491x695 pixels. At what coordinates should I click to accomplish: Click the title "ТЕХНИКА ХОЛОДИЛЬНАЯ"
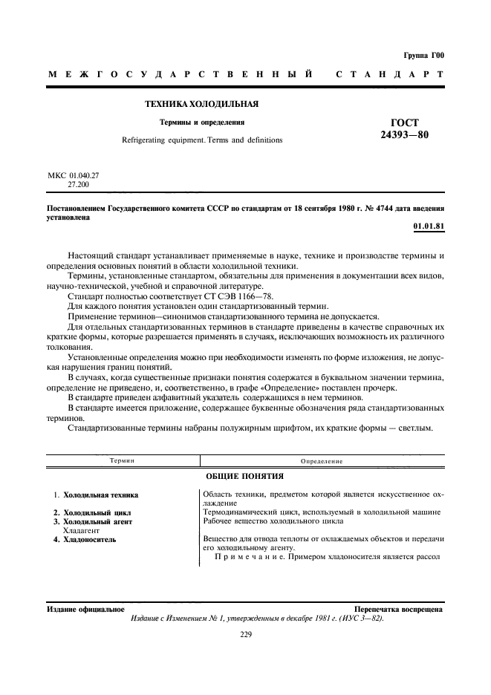(201, 104)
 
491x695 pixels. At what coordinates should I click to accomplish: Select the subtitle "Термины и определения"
(202, 122)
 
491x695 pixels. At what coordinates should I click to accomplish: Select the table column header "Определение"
(322, 461)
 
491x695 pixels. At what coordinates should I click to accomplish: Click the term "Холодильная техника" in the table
(101, 495)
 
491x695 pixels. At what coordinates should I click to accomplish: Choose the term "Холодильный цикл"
(97, 512)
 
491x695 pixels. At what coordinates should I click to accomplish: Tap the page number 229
(246, 634)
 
